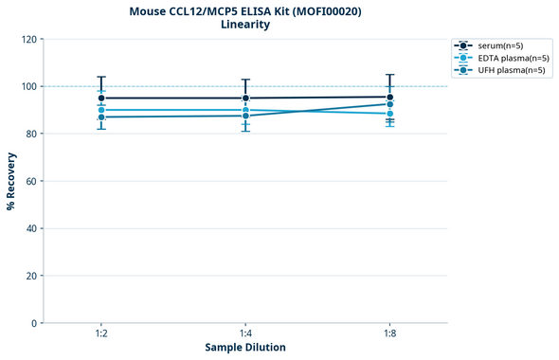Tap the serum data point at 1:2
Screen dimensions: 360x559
(x=101, y=98)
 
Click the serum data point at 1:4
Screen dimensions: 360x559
(x=245, y=98)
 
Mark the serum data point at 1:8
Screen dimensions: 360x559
(x=389, y=97)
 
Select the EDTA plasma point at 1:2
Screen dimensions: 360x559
(x=101, y=110)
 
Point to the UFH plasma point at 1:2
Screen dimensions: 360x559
(x=101, y=117)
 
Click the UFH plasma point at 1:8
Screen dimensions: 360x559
(x=389, y=104)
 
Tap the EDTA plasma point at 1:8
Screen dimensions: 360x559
(x=389, y=114)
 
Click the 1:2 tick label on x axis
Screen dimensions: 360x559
(x=101, y=333)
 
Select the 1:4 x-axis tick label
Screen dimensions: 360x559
(x=245, y=333)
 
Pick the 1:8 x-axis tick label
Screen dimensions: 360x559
(x=389, y=333)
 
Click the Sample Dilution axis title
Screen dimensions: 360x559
(x=245, y=348)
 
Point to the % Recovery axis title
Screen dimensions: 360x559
(x=11, y=181)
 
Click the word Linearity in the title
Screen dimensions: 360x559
(x=244, y=25)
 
